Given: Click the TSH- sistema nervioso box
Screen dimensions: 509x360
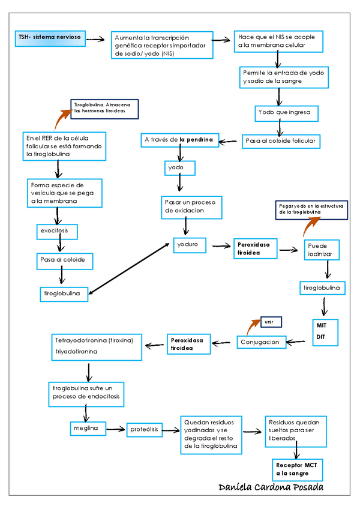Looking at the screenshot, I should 49,37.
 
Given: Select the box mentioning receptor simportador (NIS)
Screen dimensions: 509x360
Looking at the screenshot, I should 162,45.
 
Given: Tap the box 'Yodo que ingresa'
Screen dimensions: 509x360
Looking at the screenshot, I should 284,112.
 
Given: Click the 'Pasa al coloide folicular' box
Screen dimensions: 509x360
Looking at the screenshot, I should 281,142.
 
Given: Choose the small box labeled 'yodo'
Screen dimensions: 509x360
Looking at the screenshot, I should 176,167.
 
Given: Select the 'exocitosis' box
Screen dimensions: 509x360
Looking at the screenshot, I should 56,230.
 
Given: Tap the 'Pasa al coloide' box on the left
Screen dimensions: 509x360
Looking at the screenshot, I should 62,260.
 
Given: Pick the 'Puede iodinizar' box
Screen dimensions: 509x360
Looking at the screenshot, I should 323,250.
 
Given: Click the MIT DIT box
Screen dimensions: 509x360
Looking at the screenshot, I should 325,331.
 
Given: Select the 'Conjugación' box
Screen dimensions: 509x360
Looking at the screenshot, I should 260,342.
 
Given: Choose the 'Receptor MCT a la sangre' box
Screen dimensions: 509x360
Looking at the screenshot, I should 296,469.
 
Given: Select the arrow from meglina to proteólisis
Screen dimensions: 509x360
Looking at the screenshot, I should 116,429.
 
